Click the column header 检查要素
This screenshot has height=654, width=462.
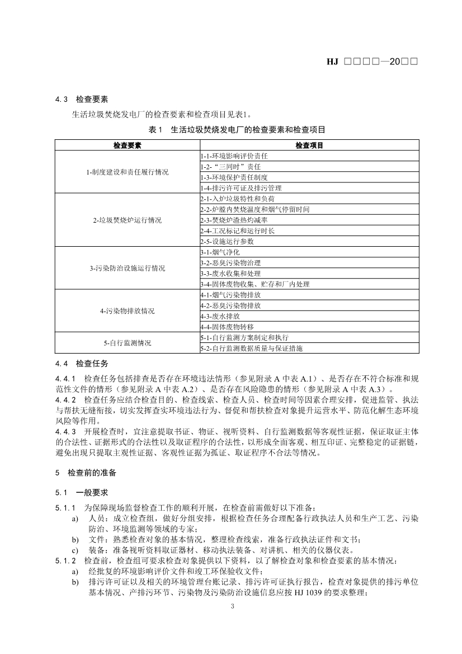(127, 145)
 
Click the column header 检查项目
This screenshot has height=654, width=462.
(309, 145)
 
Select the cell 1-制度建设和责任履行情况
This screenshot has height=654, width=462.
(127, 172)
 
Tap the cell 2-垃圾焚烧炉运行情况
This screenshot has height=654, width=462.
(127, 220)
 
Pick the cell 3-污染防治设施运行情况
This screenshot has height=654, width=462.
(127, 268)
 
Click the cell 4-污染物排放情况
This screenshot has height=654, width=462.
(127, 310)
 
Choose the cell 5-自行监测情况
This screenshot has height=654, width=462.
(127, 342)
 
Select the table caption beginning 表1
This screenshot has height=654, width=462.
(237, 129)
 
